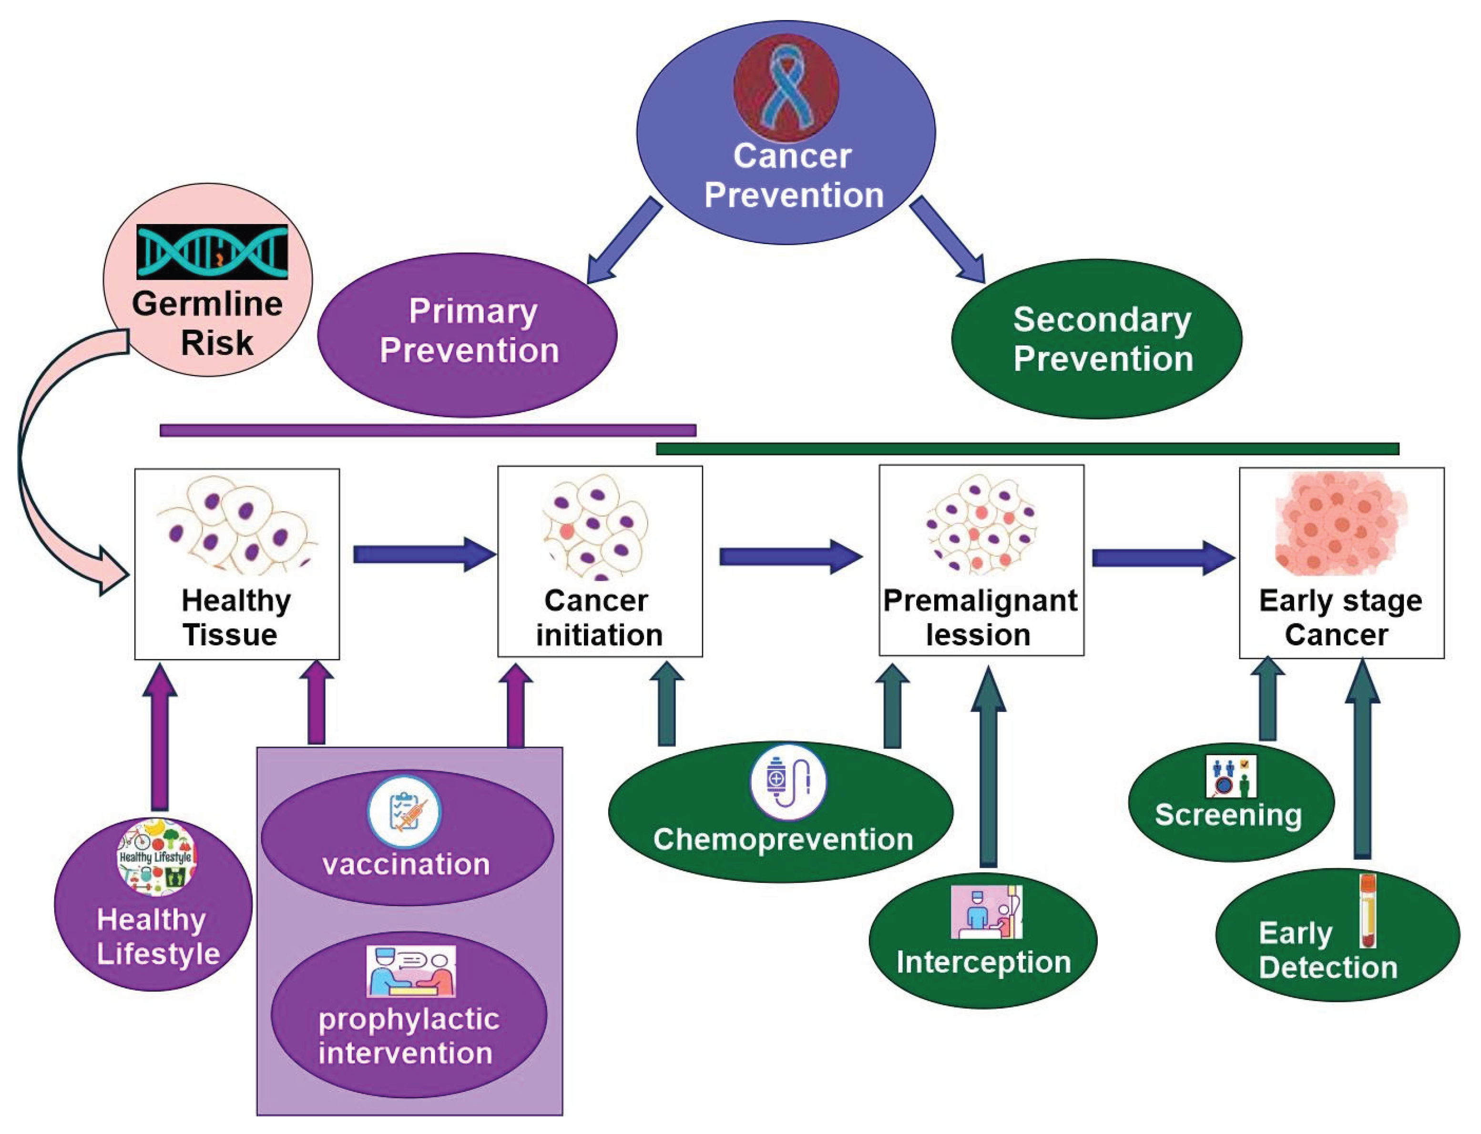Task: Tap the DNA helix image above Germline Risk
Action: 212,252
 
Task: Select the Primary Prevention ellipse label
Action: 470,331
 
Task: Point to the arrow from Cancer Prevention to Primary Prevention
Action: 623,241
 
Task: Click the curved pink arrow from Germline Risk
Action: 41,472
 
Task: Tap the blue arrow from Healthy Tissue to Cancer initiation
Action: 424,554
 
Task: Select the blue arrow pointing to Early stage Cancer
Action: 1163,558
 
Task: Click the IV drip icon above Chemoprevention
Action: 788,782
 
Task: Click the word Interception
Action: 983,962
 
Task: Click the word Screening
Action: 1228,815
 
